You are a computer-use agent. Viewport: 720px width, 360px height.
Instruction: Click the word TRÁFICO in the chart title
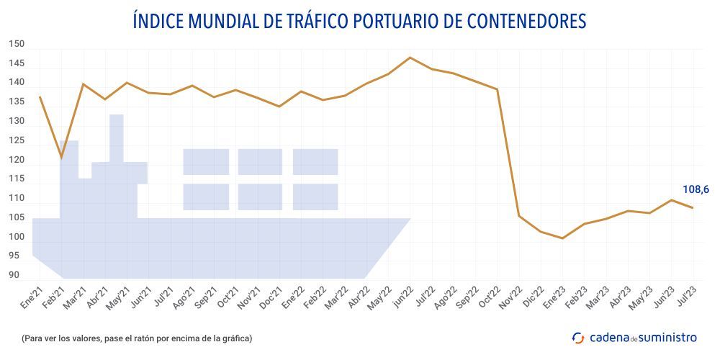pyautogui.click(x=311, y=22)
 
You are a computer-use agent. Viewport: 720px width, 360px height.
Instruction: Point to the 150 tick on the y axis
pyautogui.click(x=16, y=44)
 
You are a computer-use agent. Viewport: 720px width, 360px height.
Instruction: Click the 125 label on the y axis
pyautogui.click(x=16, y=140)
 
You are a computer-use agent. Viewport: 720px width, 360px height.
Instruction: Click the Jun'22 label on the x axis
pyautogui.click(x=403, y=297)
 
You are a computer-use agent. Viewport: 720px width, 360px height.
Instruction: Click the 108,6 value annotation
pyautogui.click(x=696, y=190)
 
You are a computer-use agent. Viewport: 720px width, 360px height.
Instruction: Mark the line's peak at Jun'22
pyautogui.click(x=410, y=58)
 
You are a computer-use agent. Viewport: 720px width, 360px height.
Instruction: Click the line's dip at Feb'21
pyautogui.click(x=61, y=157)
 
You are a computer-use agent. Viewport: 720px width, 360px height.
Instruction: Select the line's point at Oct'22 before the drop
pyautogui.click(x=497, y=89)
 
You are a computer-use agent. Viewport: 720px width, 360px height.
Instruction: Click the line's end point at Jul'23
pyautogui.click(x=693, y=208)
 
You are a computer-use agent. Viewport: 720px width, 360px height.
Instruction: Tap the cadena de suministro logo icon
pyautogui.click(x=578, y=337)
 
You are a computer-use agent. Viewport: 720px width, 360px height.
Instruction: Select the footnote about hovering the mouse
pyautogui.click(x=137, y=338)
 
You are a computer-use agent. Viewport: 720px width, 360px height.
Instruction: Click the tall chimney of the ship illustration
pyautogui.click(x=116, y=137)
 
